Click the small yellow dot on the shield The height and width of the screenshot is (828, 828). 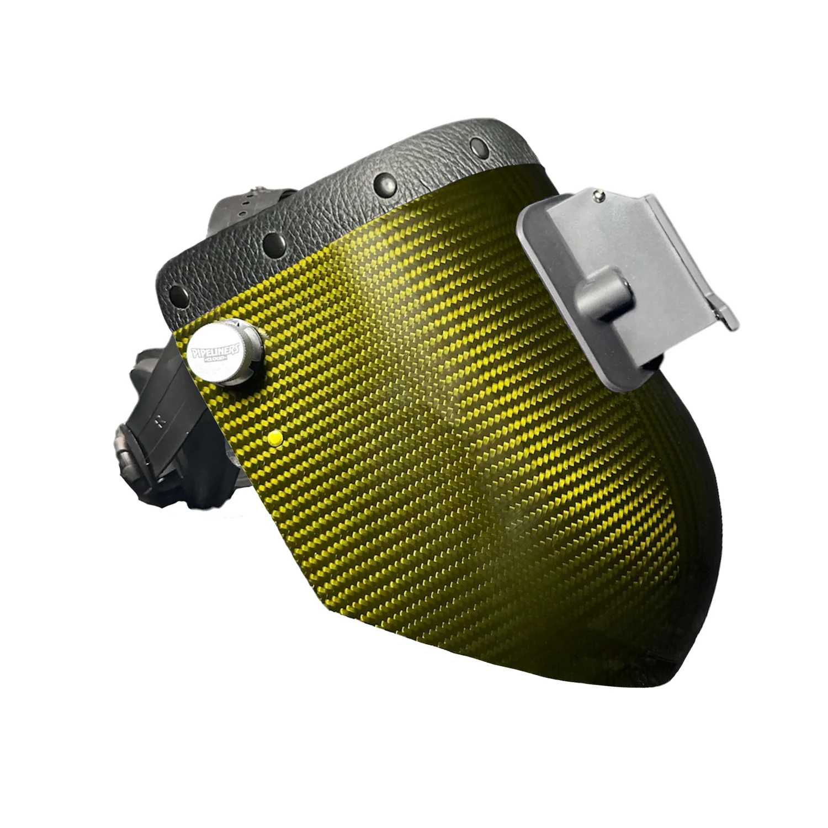273,438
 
